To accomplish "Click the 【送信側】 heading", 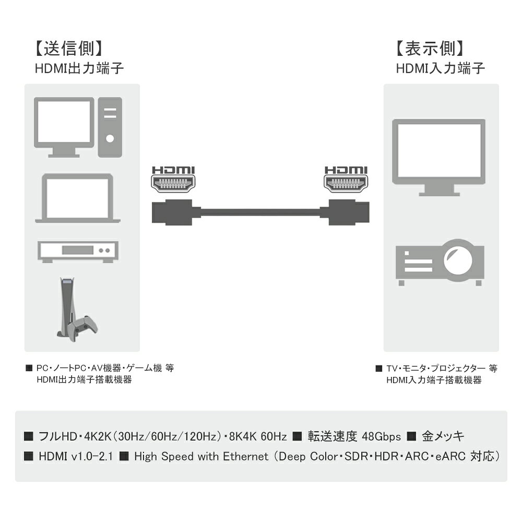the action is click(68, 49).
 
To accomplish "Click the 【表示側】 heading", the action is click(430, 49).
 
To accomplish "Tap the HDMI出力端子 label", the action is click(79, 68).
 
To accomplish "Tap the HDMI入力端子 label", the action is click(440, 68).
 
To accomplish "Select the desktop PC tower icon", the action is click(110, 127).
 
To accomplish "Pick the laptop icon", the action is click(78, 198).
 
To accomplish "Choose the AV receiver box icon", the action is click(78, 252).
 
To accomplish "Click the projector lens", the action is click(458, 259).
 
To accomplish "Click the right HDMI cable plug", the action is click(345, 212).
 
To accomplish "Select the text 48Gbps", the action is click(381, 436).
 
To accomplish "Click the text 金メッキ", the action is click(443, 436).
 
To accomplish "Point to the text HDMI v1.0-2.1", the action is click(76, 456).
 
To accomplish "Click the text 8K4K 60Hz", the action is click(258, 436).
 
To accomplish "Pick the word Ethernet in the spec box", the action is click(246, 456).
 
